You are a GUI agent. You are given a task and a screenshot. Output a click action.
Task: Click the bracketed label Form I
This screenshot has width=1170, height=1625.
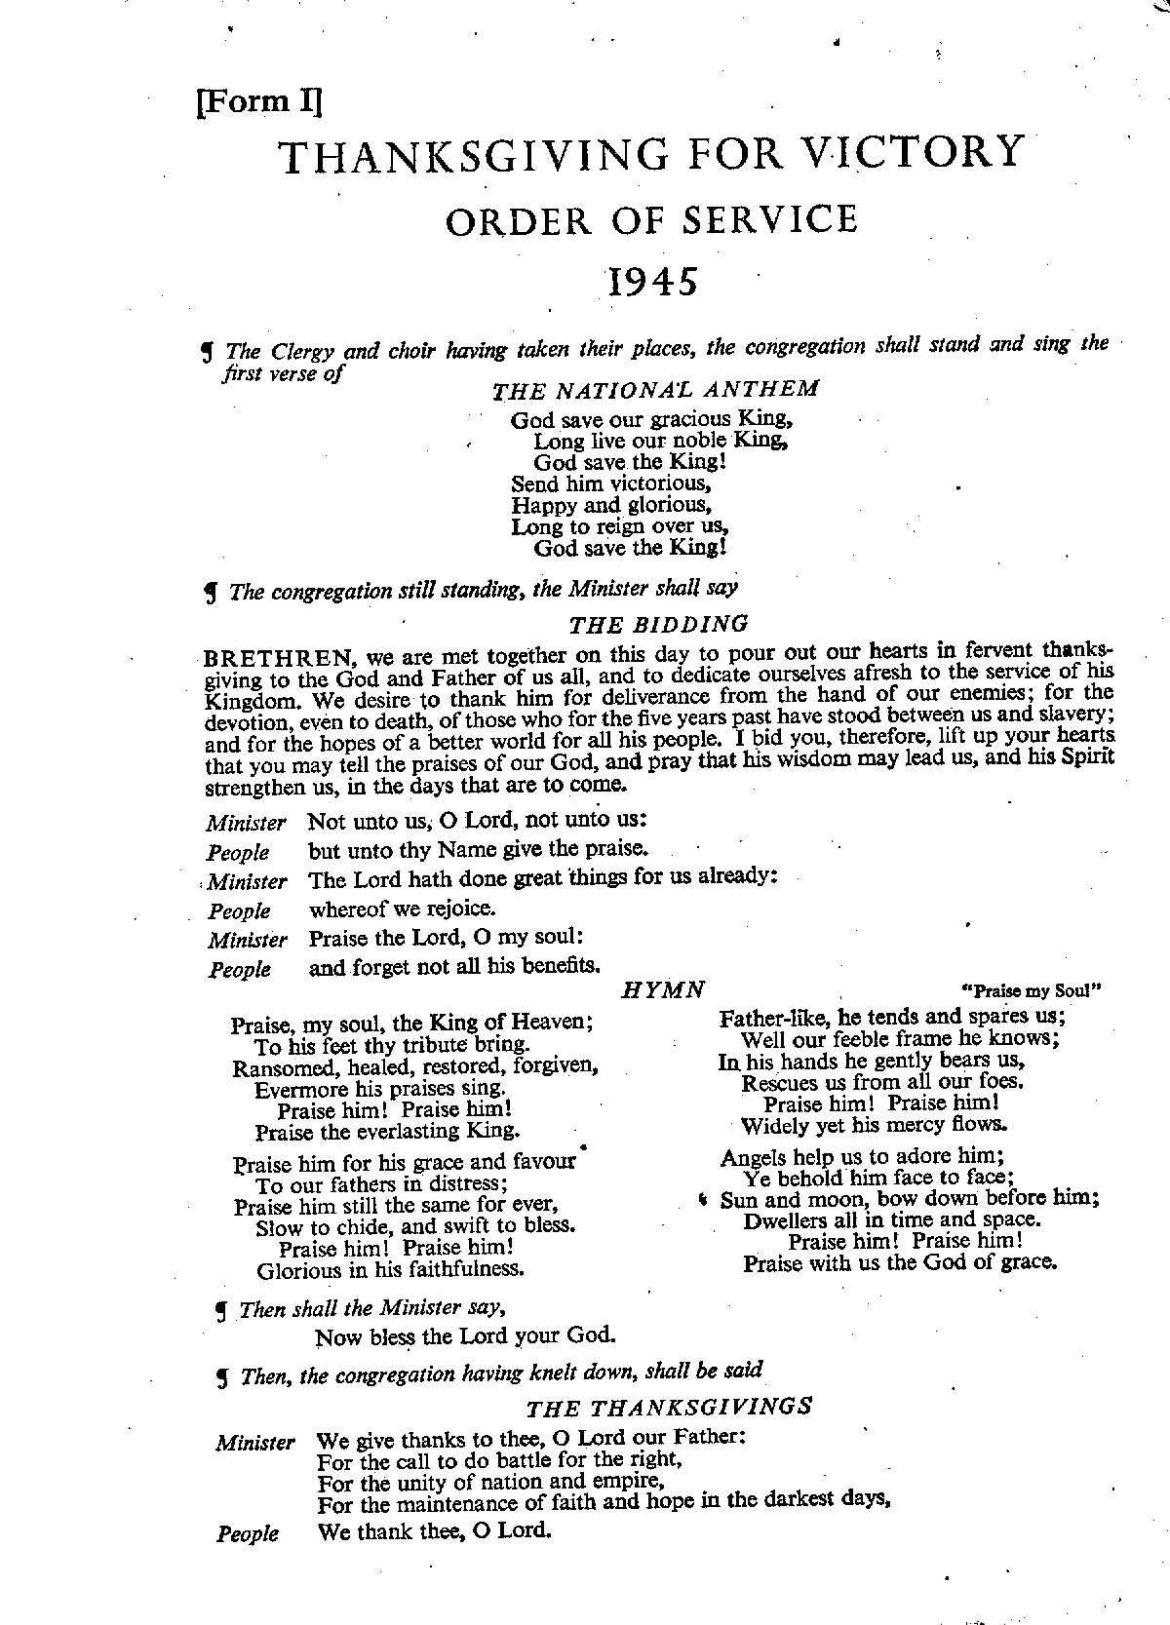click(x=259, y=101)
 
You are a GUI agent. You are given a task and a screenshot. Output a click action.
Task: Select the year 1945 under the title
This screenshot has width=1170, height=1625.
click(x=653, y=282)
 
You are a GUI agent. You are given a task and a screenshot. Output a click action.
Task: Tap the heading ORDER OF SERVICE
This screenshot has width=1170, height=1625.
click(x=651, y=220)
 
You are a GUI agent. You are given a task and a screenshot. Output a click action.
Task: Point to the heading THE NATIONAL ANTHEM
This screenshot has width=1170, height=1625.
click(x=655, y=391)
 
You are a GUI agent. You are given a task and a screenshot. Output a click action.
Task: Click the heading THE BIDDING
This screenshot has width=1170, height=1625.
click(x=659, y=624)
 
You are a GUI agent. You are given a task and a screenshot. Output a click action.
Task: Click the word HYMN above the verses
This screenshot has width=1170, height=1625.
click(x=663, y=990)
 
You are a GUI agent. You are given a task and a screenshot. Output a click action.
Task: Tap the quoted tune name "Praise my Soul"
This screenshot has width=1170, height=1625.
click(x=1032, y=991)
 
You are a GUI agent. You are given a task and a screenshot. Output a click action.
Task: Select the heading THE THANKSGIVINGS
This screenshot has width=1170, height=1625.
click(x=669, y=1407)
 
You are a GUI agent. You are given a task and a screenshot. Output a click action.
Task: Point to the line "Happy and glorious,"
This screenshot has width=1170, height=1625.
click(x=611, y=505)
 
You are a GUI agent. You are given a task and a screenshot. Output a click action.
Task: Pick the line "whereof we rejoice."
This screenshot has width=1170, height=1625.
click(x=403, y=909)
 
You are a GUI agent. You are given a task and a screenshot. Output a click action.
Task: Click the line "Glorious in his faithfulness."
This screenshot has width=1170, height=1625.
click(x=391, y=1270)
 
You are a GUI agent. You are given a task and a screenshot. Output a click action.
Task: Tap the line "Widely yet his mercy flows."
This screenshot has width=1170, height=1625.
click(x=874, y=1125)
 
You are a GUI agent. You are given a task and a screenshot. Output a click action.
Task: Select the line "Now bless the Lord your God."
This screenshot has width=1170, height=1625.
click(x=465, y=1335)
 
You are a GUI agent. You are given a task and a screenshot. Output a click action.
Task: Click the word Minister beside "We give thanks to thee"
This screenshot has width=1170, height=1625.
click(x=255, y=1443)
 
